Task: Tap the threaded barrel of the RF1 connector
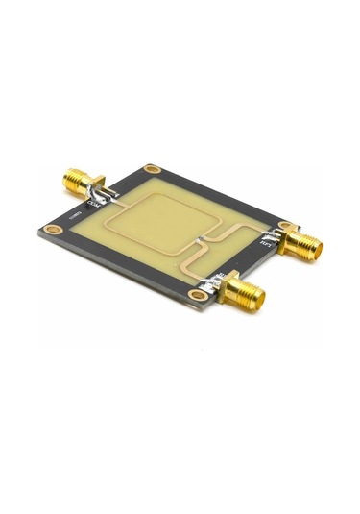pyautogui.click(x=304, y=247)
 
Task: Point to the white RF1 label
pyautogui.click(x=266, y=243)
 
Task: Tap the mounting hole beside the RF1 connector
pyautogui.click(x=284, y=227)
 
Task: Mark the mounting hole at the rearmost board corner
pyautogui.click(x=152, y=170)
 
